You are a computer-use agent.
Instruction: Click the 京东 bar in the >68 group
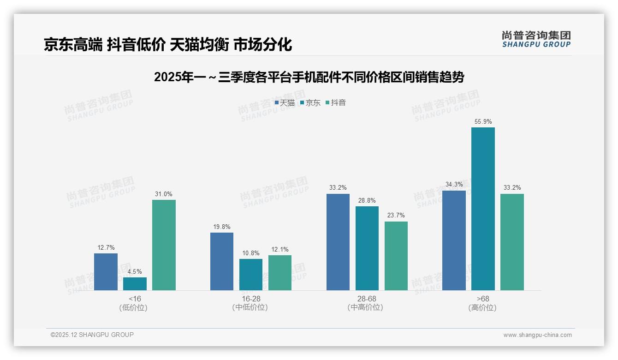[x=483, y=209]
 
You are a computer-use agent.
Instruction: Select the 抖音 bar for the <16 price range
[x=164, y=245]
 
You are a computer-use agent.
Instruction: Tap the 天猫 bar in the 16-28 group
[x=222, y=261]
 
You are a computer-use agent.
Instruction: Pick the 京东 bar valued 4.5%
[x=135, y=284]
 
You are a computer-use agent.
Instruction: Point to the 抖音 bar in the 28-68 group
[x=396, y=256]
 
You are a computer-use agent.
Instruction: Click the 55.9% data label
[x=483, y=122]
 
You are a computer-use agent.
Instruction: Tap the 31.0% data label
[x=164, y=194]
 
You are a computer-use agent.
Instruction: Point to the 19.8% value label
[x=222, y=227]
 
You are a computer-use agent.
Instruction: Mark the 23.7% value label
[x=396, y=216]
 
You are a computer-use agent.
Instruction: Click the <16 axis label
[x=135, y=299]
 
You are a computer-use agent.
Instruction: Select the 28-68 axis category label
[x=367, y=299]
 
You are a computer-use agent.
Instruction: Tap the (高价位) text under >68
[x=482, y=308]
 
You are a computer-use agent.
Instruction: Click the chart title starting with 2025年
[x=309, y=77]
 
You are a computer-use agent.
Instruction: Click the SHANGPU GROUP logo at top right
[x=536, y=39]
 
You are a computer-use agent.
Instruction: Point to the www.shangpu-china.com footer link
[x=537, y=335]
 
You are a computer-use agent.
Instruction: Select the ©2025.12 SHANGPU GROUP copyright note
[x=92, y=335]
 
